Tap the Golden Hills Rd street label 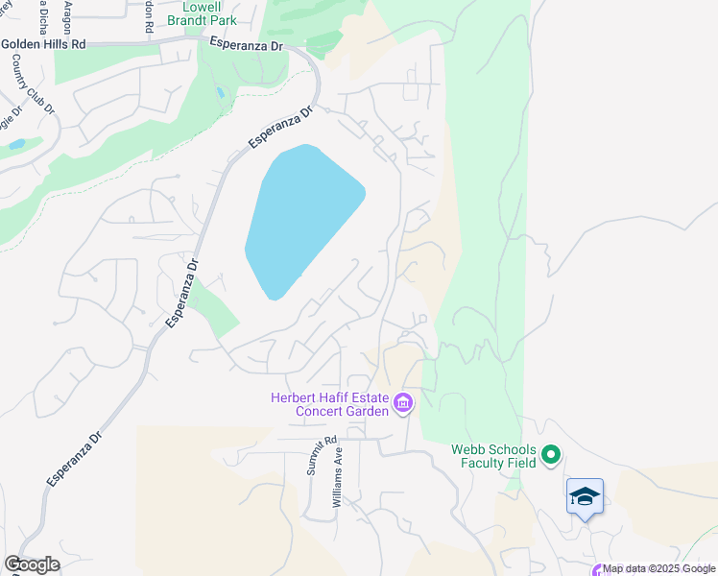coord(43,44)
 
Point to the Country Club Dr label coord(33,84)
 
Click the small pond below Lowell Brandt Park coord(221,93)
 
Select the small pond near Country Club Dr coord(16,144)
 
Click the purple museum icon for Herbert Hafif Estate coord(403,403)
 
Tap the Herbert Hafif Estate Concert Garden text coord(330,404)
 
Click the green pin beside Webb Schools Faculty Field coord(551,454)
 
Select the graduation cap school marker coord(585,496)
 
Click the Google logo coord(32,564)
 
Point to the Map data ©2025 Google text coord(658,568)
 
